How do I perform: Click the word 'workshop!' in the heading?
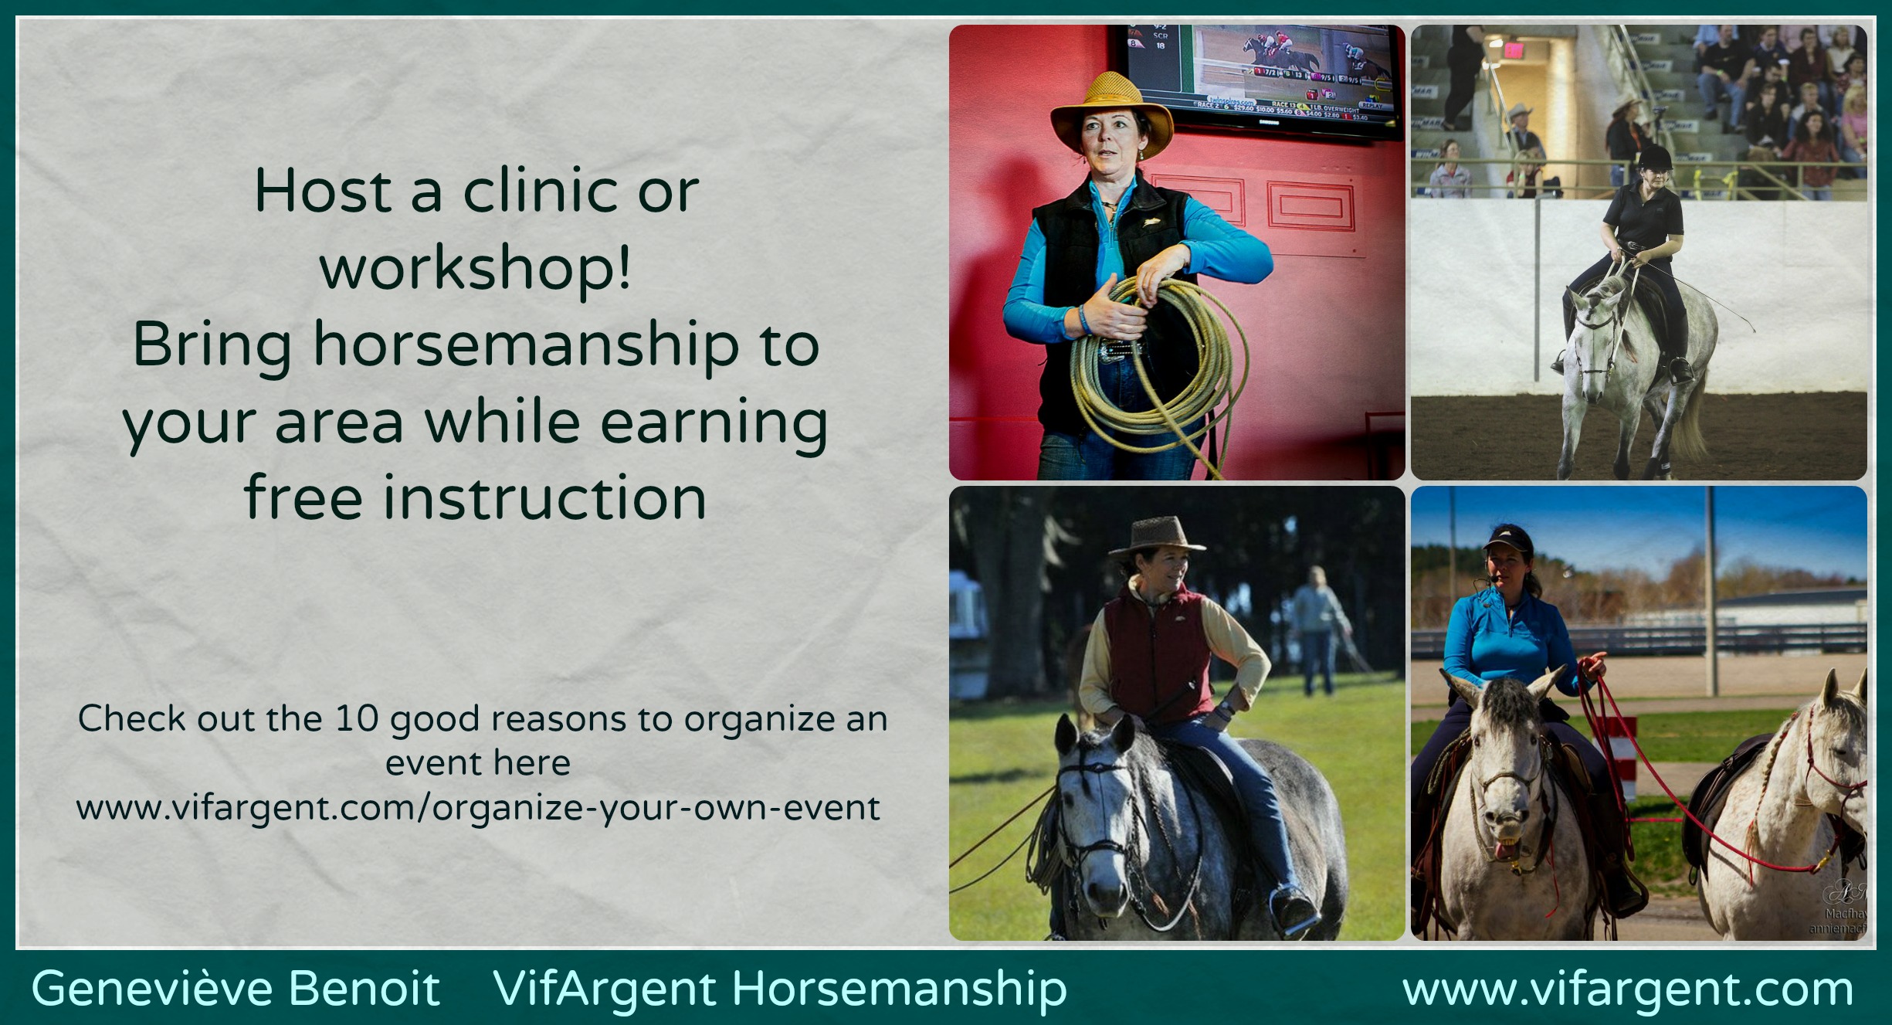(476, 267)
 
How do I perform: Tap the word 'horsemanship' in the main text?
(527, 344)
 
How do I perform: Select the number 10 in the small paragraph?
(357, 718)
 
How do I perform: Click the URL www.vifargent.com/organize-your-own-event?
(478, 808)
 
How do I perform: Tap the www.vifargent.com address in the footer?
(1628, 989)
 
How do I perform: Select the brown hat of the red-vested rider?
(1157, 535)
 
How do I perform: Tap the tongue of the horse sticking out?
(1503, 850)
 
